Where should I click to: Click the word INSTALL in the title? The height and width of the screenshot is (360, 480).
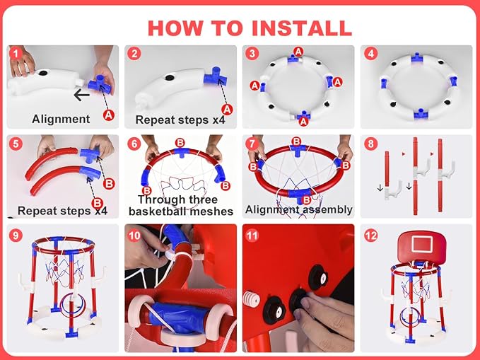[x=302, y=28]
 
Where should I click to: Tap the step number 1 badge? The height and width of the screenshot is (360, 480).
[x=16, y=54]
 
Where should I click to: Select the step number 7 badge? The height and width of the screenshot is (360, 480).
[x=252, y=144]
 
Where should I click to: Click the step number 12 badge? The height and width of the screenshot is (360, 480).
[x=370, y=236]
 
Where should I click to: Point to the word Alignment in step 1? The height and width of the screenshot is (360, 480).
[x=61, y=119]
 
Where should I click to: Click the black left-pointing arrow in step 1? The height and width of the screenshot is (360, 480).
[x=81, y=95]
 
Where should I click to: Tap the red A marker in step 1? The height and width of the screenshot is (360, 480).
[x=109, y=115]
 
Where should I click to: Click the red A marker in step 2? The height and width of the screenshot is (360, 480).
[x=227, y=110]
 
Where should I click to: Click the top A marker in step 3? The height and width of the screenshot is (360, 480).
[x=298, y=51]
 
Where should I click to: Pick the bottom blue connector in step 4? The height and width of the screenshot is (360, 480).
[x=420, y=114]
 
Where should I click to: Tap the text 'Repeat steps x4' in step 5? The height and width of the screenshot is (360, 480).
[x=62, y=211]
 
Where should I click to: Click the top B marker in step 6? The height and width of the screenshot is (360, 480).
[x=180, y=143]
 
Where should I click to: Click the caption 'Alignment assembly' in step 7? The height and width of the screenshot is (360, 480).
[x=299, y=209]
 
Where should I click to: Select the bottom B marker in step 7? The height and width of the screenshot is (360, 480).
[x=306, y=200]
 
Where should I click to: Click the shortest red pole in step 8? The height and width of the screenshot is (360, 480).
[x=387, y=169]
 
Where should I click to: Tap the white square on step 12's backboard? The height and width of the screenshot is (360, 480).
[x=422, y=244]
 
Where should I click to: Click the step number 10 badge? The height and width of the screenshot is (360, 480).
[x=134, y=236]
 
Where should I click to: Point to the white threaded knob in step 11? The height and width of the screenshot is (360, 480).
[x=252, y=299]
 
